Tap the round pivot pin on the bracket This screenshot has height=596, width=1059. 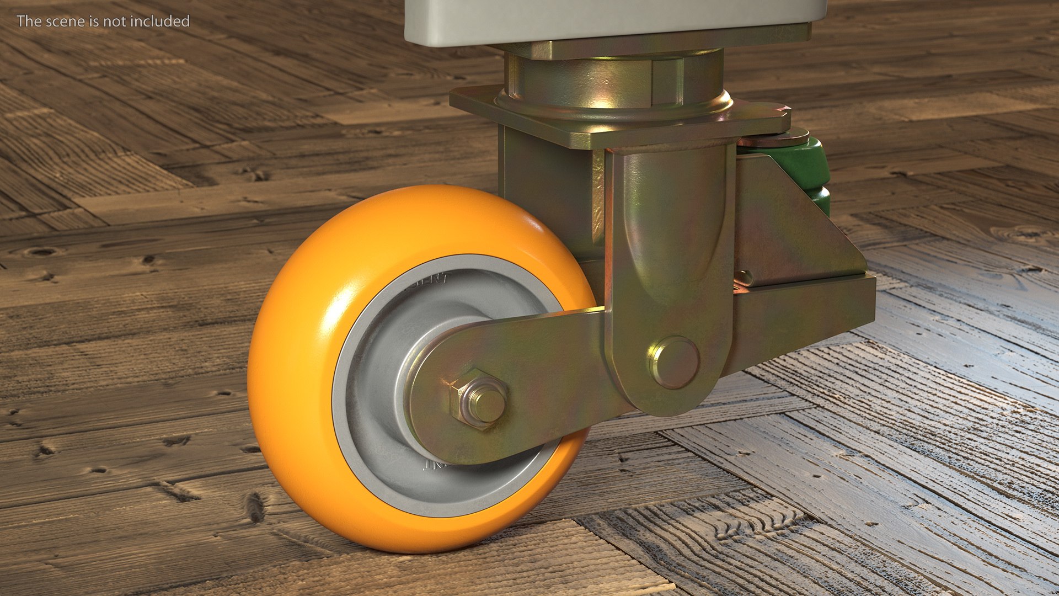coord(674,363)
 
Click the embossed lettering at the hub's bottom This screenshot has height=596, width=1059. coord(436,465)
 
